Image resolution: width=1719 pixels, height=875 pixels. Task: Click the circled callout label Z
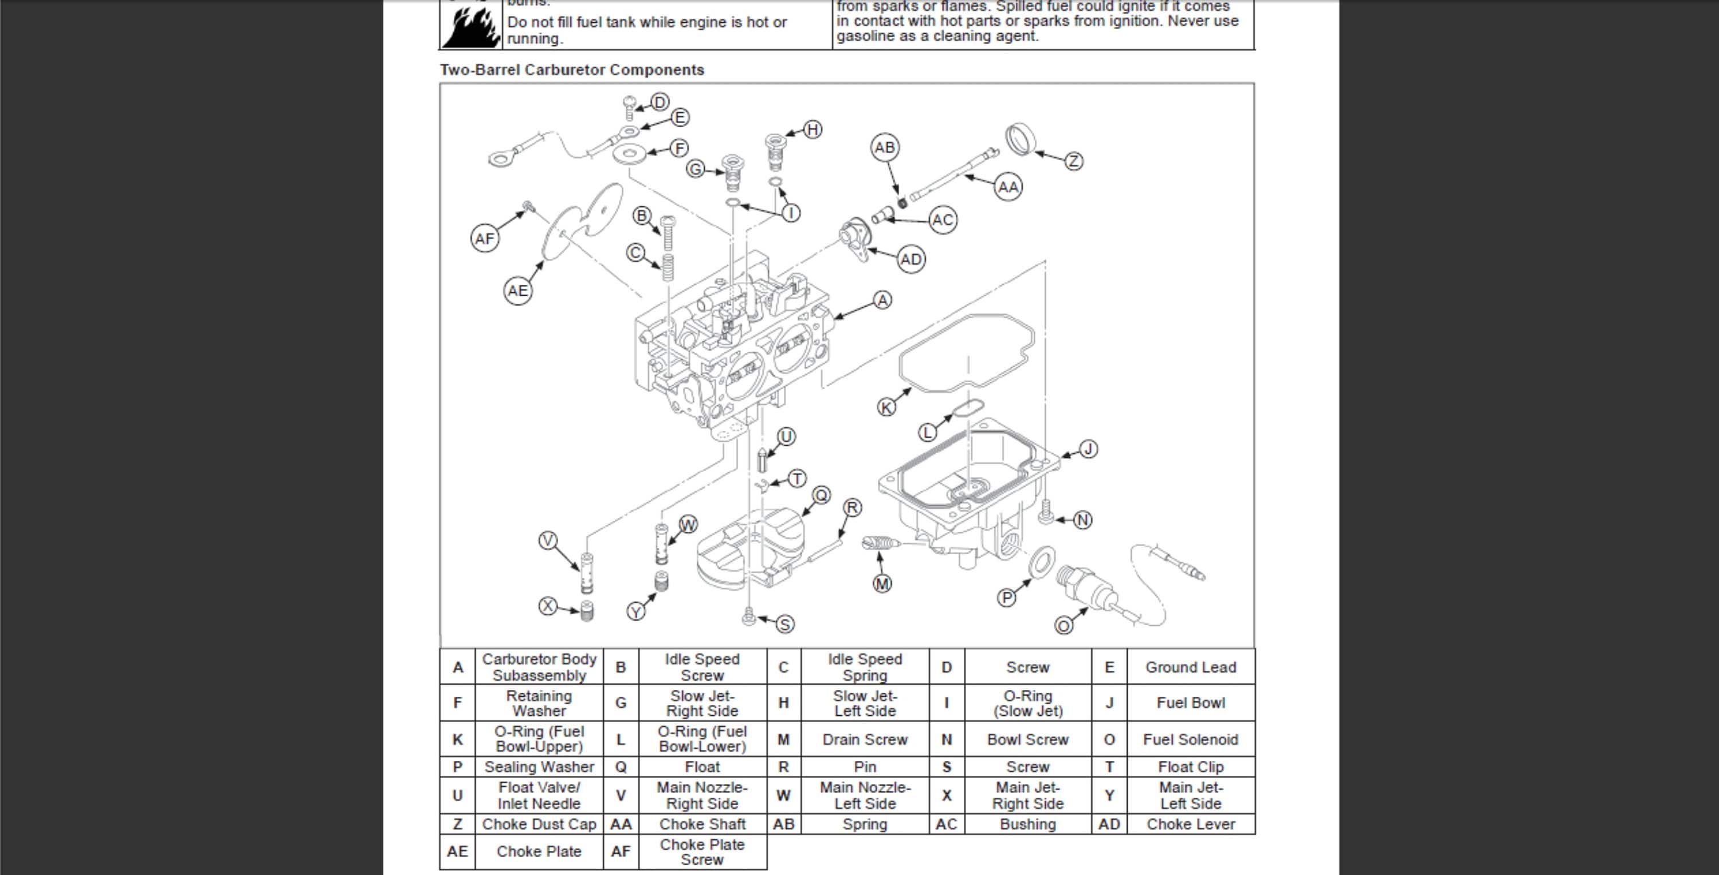[x=1073, y=161]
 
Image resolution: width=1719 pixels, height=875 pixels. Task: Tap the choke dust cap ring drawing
[x=1021, y=139]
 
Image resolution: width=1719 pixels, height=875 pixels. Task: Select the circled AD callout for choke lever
[x=911, y=259]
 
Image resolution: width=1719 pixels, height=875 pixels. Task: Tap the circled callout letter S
[x=785, y=624]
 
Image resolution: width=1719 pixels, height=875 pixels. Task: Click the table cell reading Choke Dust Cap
[x=539, y=824]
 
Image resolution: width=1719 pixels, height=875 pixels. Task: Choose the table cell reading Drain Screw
[x=864, y=740]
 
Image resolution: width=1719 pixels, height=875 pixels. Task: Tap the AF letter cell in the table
[x=621, y=852]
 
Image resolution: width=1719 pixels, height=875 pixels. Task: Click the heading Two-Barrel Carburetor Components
[x=572, y=70]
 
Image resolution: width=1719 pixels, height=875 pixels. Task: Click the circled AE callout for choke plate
[x=517, y=291]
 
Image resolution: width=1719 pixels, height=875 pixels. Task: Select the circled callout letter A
[x=882, y=300]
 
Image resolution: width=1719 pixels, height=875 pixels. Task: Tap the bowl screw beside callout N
[x=1046, y=511]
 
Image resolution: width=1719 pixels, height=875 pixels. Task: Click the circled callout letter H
[x=812, y=130]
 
